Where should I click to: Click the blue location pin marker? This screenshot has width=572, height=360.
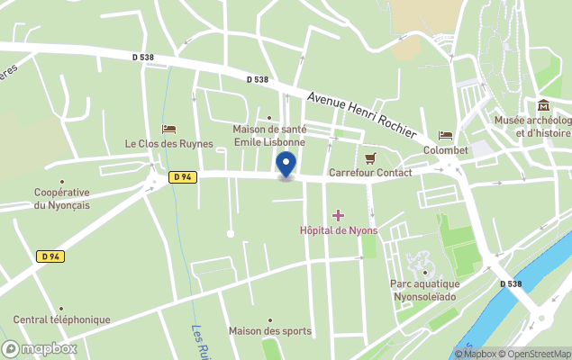[x=286, y=165]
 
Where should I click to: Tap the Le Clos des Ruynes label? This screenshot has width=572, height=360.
[x=169, y=143]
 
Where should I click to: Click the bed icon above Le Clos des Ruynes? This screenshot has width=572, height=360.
[x=168, y=129]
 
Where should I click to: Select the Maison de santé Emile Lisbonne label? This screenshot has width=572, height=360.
[x=269, y=136]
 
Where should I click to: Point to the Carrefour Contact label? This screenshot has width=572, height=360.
[x=370, y=172]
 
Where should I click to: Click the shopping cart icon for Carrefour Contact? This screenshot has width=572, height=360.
[x=369, y=157]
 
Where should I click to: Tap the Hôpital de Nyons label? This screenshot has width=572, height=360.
[x=339, y=230]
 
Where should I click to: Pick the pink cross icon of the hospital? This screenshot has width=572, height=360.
[x=339, y=215]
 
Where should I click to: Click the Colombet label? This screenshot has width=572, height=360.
[x=445, y=150]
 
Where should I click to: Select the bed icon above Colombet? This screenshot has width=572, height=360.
[x=445, y=136]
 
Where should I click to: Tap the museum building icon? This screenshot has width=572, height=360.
[x=543, y=106]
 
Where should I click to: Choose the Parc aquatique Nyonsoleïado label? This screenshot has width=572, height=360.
[x=424, y=289]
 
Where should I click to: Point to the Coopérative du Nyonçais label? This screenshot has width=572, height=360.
[x=61, y=198]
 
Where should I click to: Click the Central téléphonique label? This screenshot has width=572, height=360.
[x=61, y=319]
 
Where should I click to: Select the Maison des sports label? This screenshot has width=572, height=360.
[x=269, y=330]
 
